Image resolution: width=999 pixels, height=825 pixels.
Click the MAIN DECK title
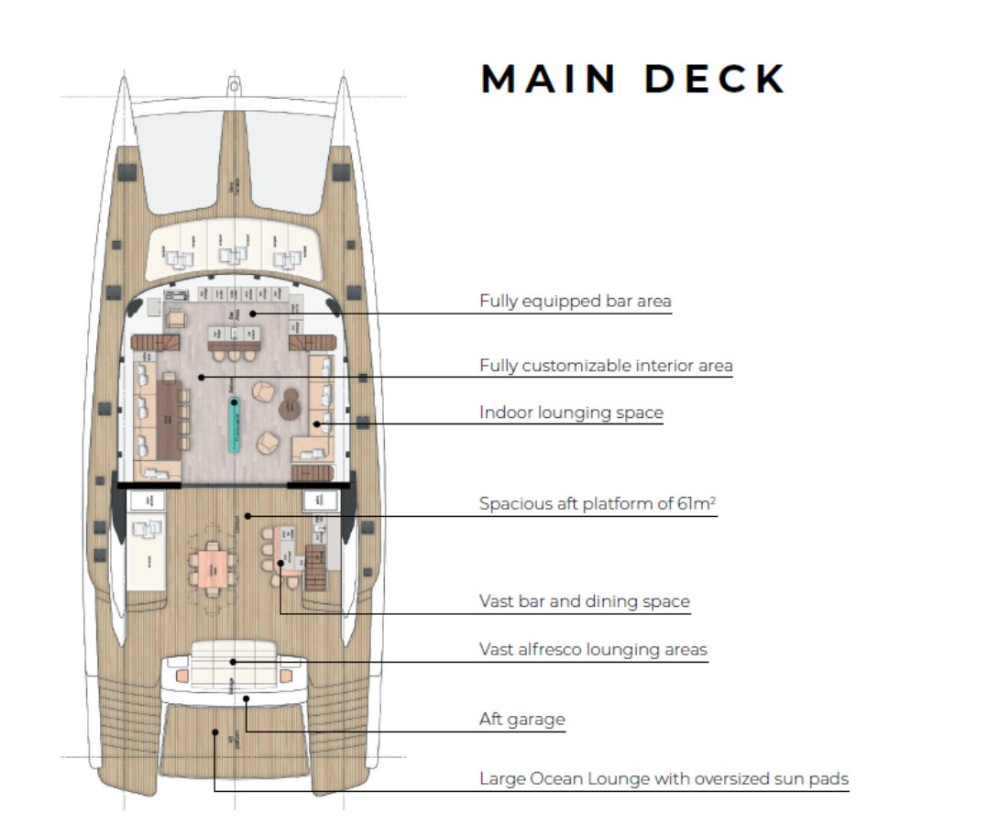[x=633, y=79]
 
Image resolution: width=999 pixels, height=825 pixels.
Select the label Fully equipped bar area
[x=575, y=301]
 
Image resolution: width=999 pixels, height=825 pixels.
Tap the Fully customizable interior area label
[x=606, y=366]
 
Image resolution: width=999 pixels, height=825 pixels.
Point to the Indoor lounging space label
[x=571, y=412]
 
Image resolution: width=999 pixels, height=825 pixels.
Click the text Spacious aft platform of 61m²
[x=598, y=503]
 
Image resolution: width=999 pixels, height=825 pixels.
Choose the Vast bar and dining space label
[x=584, y=601]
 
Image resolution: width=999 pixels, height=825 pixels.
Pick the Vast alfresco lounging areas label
[x=593, y=649]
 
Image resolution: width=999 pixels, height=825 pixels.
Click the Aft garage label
[x=521, y=719]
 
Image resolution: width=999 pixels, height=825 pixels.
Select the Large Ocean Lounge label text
[x=664, y=779]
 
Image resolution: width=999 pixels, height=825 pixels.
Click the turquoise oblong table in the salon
[x=234, y=426]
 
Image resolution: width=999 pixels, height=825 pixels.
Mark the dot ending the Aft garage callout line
[x=247, y=698]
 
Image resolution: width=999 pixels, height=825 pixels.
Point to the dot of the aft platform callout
[x=247, y=516]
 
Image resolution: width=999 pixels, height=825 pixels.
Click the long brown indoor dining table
[x=170, y=420]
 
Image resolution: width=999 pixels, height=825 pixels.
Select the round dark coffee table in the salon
[x=291, y=401]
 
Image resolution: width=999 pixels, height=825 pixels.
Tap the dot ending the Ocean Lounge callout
[x=214, y=731]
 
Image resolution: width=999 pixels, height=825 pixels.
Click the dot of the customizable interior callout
[x=201, y=377]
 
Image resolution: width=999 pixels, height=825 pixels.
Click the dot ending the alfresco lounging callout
[x=233, y=661]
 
